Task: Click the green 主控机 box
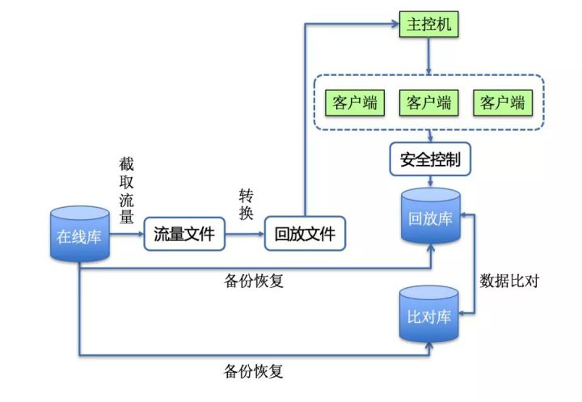[428, 25]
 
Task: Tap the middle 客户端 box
[428, 103]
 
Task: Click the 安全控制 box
[429, 159]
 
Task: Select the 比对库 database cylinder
[429, 314]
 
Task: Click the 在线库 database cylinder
[79, 235]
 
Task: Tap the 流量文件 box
[184, 235]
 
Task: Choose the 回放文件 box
[304, 235]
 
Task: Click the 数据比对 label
[509, 281]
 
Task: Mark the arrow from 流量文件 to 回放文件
[245, 235]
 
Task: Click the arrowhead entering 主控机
[393, 25]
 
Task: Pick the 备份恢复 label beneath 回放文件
[253, 283]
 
